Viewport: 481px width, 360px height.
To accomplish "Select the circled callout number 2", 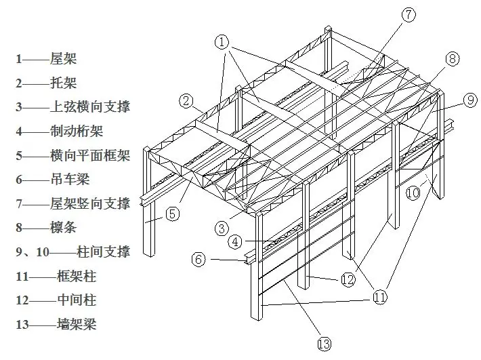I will click(x=187, y=101).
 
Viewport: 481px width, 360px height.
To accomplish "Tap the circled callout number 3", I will click(x=222, y=228).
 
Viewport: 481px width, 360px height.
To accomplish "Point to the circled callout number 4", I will click(x=234, y=241).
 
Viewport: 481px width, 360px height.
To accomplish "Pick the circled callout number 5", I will click(x=173, y=214).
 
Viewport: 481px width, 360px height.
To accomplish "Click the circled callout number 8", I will click(x=452, y=58).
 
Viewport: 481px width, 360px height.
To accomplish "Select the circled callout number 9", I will click(x=470, y=100).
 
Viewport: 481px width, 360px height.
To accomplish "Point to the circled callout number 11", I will click(x=380, y=296).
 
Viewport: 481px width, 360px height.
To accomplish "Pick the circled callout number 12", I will click(x=348, y=279).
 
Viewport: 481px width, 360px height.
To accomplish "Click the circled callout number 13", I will click(x=325, y=344).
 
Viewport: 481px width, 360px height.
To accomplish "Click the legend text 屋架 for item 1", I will click(x=64, y=58).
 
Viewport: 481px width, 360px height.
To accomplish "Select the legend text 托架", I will click(x=64, y=83).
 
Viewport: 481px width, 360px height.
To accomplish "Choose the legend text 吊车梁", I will click(x=70, y=180).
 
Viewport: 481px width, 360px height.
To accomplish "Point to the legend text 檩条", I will click(x=64, y=228).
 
